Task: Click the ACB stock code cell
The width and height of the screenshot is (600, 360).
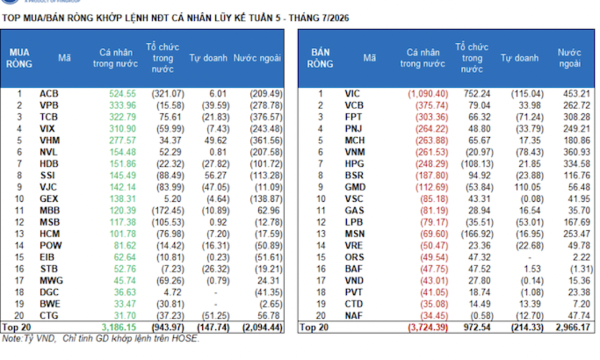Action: [x=49, y=94]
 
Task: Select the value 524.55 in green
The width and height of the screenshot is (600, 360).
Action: [x=122, y=94]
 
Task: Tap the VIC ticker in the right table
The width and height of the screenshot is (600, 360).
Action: [x=352, y=94]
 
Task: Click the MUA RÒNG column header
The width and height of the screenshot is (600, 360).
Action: [x=19, y=58]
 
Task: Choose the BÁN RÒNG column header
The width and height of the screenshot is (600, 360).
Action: [x=320, y=58]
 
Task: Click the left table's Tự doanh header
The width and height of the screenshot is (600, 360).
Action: [x=208, y=58]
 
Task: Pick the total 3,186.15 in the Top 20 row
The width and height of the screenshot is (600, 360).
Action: [x=119, y=327]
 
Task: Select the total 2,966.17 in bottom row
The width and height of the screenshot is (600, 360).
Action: [x=573, y=327]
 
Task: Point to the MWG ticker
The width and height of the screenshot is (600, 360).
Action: [x=51, y=281]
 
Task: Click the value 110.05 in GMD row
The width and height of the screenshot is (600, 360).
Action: [x=527, y=187]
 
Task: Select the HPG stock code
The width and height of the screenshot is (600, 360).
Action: [x=354, y=164]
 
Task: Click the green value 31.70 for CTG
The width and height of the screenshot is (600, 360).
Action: [x=125, y=315]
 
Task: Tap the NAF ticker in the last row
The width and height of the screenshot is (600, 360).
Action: [x=354, y=315]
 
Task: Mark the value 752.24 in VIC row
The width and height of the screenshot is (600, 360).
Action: [x=477, y=94]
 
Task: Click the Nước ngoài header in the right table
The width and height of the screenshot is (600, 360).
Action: [x=569, y=58]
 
